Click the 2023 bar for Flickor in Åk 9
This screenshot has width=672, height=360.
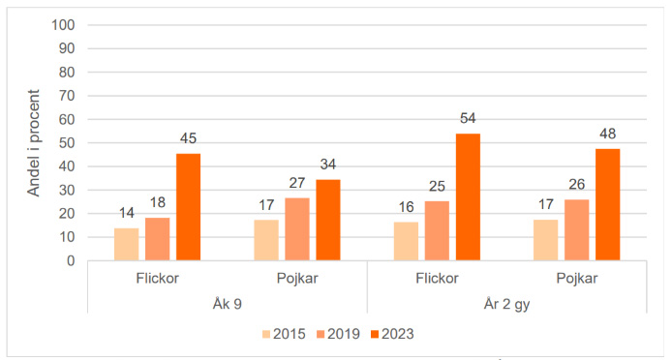[188, 207]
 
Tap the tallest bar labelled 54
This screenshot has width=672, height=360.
[468, 196]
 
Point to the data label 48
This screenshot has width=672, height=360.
[608, 134]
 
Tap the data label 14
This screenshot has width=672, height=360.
[126, 214]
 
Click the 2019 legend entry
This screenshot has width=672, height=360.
[342, 334]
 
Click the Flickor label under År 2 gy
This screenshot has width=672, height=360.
[437, 279]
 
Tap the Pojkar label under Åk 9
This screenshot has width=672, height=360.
[297, 279]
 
